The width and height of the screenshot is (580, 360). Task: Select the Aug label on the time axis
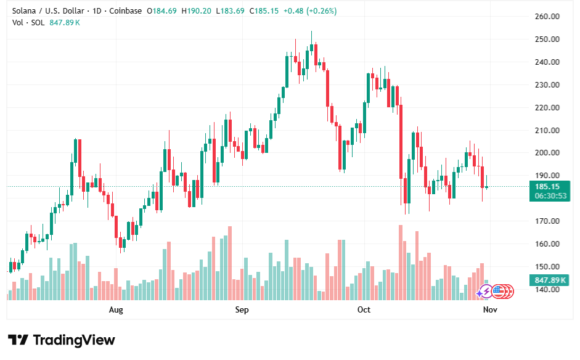click(115, 309)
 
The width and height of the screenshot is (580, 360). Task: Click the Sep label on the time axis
click(242, 309)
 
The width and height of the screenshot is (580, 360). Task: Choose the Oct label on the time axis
click(364, 309)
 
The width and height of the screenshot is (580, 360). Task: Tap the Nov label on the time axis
click(490, 309)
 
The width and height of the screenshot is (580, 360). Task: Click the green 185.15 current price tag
click(547, 187)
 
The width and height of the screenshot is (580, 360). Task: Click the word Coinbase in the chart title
click(125, 11)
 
